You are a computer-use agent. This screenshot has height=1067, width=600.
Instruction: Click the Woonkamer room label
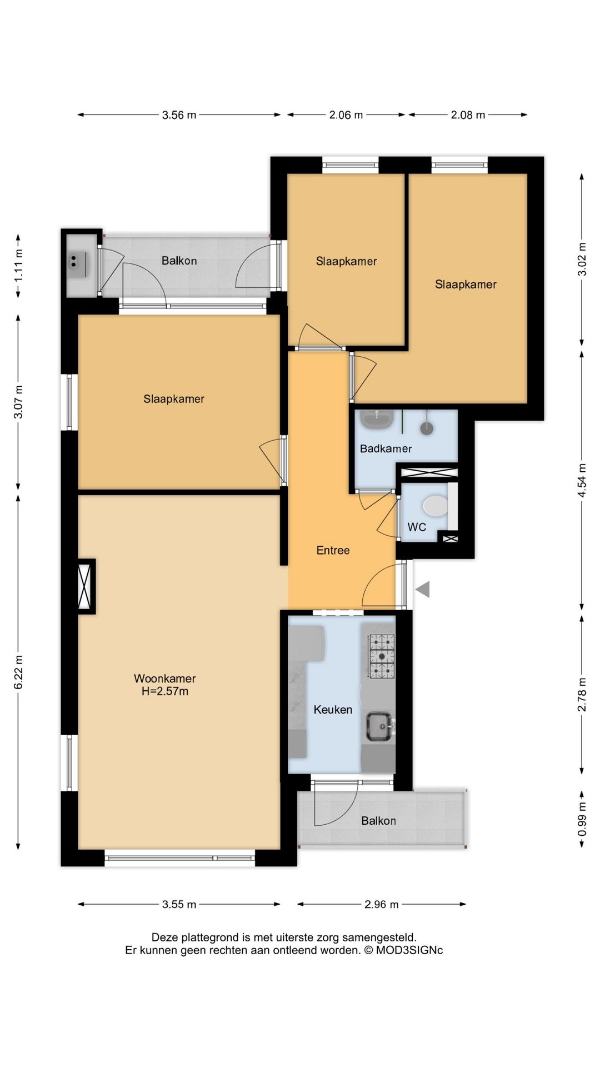[x=164, y=679]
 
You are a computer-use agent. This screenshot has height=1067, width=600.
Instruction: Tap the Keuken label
[x=333, y=710]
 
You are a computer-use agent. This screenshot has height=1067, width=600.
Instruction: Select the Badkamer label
[x=386, y=448]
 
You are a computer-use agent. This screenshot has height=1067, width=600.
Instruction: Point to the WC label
[x=417, y=527]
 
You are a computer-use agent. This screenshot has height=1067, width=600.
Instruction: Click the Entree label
[x=333, y=550]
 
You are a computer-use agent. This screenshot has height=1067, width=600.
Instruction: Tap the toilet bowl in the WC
[x=435, y=506]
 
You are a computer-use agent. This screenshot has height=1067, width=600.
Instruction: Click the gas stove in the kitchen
[x=382, y=656]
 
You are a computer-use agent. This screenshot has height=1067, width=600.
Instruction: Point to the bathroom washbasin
[x=377, y=419]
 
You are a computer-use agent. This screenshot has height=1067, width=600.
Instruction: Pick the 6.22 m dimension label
[x=18, y=672]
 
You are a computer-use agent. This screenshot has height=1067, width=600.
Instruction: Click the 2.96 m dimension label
[x=382, y=904]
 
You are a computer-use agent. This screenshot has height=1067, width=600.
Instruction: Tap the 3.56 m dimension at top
[x=179, y=115]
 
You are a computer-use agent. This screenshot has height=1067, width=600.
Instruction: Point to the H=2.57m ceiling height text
[x=165, y=692]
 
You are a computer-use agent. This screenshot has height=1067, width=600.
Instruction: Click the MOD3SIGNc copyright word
[x=409, y=950]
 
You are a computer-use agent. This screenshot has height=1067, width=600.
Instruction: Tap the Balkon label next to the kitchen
[x=378, y=821]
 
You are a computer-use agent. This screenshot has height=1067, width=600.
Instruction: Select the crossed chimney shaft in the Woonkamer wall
[x=86, y=586]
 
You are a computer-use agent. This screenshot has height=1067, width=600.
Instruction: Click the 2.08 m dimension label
[x=468, y=115]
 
